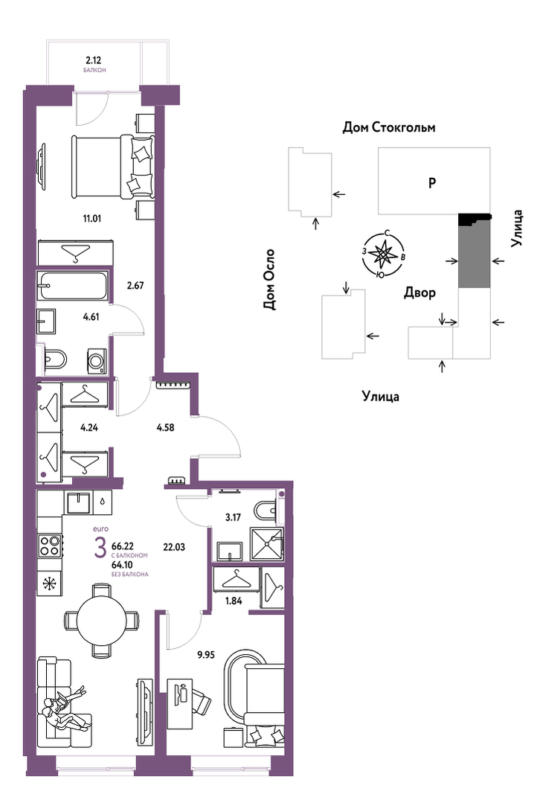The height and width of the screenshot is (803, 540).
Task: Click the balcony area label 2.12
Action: pos(93,60)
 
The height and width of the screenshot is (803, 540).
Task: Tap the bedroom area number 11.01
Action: pos(93,219)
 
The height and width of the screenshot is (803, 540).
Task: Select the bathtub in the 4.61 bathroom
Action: pos(73,286)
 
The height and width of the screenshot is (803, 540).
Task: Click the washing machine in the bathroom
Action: pos(96,360)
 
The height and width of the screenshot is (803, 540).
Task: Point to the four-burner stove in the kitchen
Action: pos(50,545)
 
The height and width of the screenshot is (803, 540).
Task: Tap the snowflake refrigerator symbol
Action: pos(50,583)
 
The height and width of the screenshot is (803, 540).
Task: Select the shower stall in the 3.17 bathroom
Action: pos(266,544)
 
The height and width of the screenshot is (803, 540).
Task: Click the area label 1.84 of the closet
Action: pos(233,601)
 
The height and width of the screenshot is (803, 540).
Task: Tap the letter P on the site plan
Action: pos(432,182)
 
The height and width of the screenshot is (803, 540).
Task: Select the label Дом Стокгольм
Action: pos(389,127)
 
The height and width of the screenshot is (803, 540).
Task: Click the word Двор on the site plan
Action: pos(420,293)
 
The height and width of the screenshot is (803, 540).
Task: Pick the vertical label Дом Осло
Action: pos(269,280)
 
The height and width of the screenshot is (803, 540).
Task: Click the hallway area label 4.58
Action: pos(165,427)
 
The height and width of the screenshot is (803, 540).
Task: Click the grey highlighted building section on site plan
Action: pos(474,255)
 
